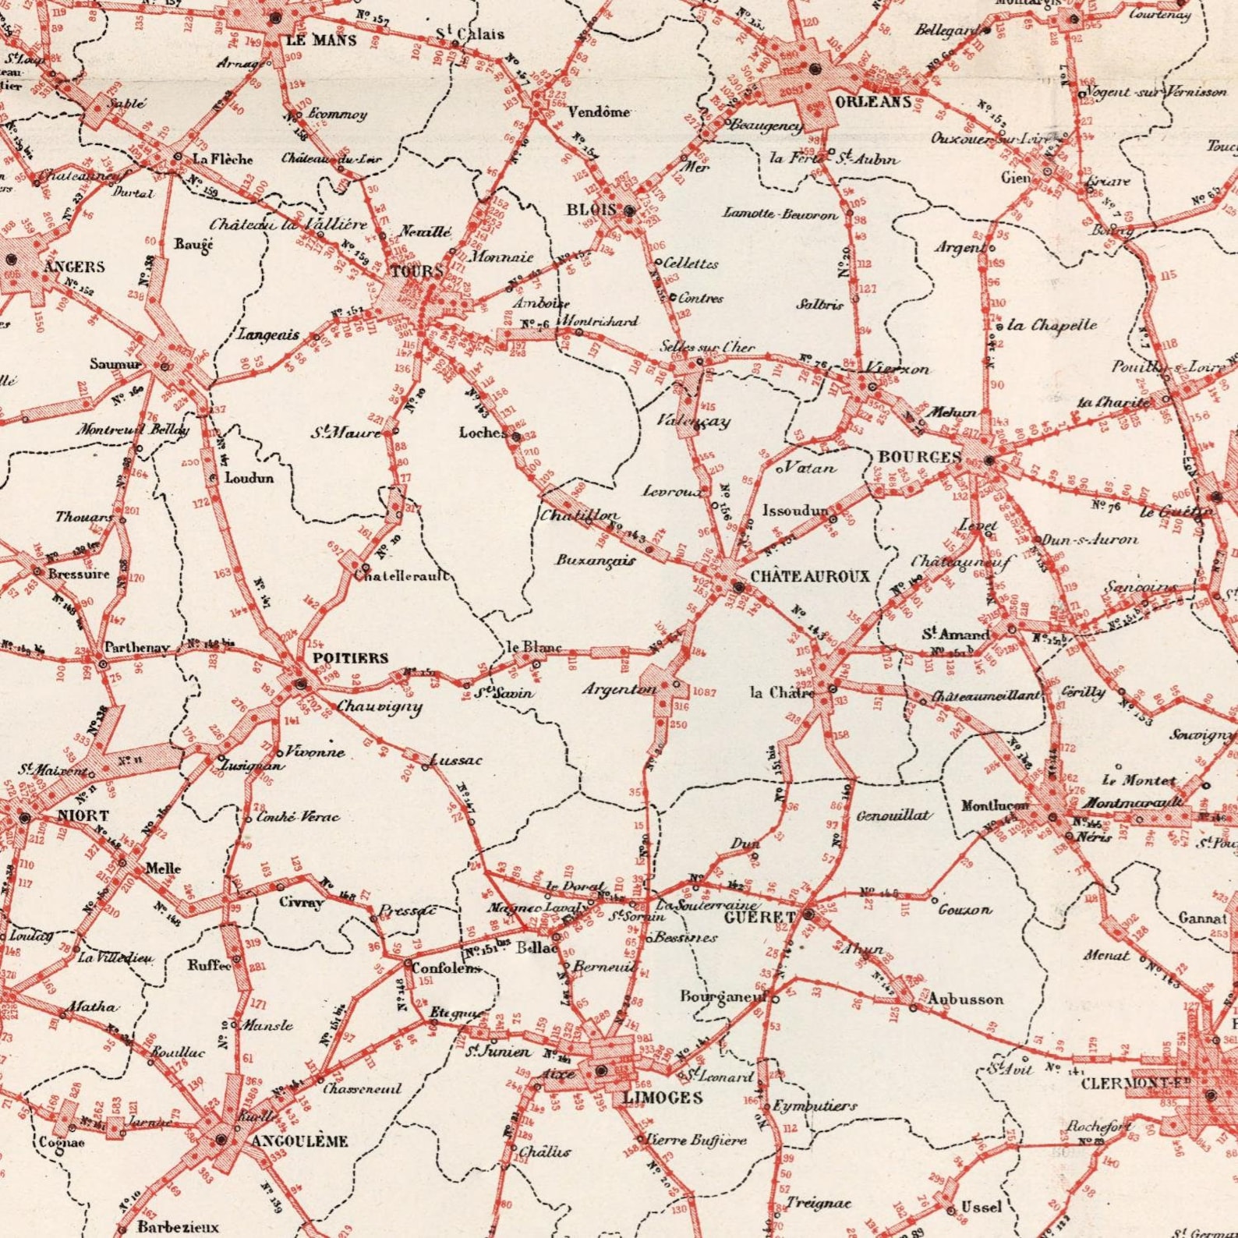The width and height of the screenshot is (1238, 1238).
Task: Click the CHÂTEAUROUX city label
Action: (809, 577)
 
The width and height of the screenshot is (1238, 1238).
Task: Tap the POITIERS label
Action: (350, 658)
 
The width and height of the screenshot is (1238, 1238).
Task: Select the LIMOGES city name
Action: (663, 1098)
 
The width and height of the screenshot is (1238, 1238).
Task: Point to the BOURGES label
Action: (920, 457)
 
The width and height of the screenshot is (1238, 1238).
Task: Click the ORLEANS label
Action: (873, 102)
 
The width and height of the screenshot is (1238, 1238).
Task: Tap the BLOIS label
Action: (592, 210)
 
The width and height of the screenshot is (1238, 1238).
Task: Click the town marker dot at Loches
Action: (515, 437)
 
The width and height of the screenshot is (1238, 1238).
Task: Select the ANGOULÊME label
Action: (300, 1141)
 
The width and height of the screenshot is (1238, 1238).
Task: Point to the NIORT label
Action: (83, 815)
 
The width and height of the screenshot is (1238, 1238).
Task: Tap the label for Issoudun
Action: (794, 511)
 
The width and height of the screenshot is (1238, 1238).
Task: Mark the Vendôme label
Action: (599, 112)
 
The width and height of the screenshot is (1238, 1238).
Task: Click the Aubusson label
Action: (965, 999)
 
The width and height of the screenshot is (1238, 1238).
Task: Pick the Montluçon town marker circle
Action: (1052, 818)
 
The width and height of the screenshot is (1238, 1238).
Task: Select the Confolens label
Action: (446, 968)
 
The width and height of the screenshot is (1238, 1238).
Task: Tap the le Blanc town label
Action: (534, 647)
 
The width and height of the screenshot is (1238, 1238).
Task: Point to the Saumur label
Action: (115, 364)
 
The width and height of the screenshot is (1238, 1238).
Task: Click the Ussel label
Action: (981, 1207)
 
